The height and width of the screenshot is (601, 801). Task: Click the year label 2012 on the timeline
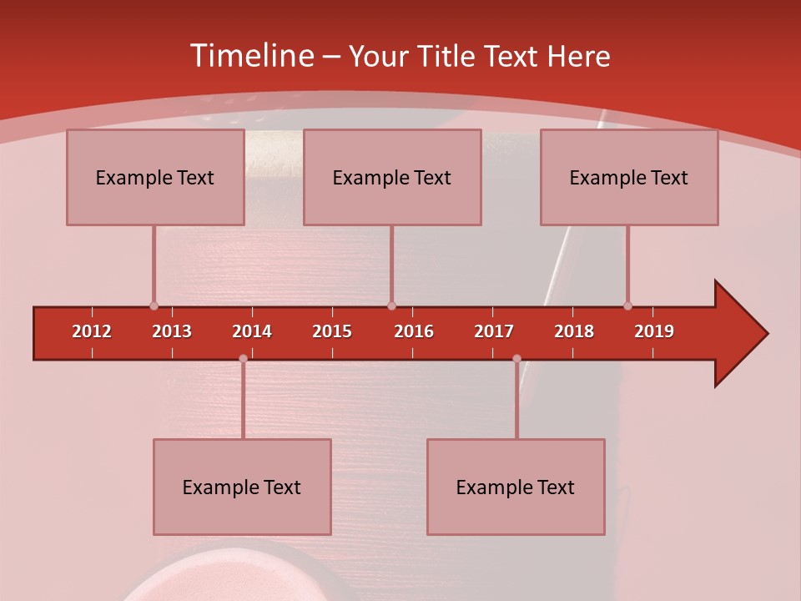[92, 331]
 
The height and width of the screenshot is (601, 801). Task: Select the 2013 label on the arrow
[172, 331]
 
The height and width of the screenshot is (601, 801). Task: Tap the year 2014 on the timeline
[252, 331]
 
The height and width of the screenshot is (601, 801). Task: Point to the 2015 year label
[332, 331]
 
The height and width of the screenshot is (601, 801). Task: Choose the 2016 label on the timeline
[414, 331]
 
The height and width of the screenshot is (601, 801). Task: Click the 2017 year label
[494, 331]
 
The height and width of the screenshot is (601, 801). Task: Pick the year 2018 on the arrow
[574, 331]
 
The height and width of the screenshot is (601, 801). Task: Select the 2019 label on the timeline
[654, 331]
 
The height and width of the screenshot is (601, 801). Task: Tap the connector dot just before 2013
[154, 306]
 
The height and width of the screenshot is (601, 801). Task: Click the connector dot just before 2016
[391, 306]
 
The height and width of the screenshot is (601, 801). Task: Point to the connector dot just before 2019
[627, 306]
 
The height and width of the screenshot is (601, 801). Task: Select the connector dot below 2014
[243, 359]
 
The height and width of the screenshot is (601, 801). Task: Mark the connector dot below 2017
[516, 359]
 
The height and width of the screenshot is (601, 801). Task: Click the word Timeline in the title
[250, 56]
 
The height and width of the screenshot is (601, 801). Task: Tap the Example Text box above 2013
[155, 177]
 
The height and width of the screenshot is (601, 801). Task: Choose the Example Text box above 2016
[392, 177]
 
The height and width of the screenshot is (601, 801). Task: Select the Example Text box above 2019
[629, 177]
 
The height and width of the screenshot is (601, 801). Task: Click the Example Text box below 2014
[242, 487]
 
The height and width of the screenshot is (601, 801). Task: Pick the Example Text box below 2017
[516, 487]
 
